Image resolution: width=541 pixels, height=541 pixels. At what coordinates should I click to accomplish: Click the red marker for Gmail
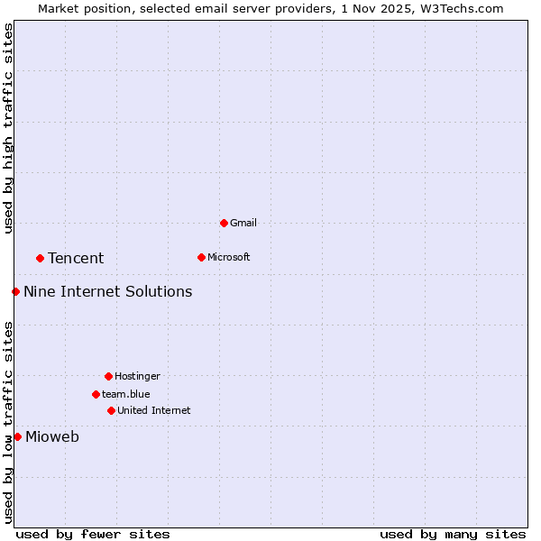click(224, 223)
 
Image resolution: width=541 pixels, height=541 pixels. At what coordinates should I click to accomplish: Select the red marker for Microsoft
click(201, 257)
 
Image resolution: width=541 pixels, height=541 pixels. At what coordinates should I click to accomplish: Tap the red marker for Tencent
click(40, 258)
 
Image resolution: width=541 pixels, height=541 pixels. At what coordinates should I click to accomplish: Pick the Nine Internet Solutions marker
click(15, 291)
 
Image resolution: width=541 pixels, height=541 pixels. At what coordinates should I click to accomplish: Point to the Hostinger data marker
click(108, 376)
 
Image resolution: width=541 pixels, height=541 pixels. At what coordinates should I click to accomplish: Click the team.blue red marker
click(96, 394)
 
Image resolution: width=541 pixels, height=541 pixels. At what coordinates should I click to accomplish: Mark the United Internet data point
click(111, 410)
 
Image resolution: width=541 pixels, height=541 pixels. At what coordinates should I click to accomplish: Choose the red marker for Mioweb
click(17, 436)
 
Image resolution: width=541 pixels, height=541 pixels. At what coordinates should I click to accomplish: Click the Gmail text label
click(243, 223)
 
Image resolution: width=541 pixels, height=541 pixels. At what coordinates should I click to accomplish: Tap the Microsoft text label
click(229, 257)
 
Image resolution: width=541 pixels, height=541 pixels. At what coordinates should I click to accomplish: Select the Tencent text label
click(76, 258)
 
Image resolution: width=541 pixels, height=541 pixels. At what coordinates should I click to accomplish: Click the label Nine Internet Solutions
click(107, 291)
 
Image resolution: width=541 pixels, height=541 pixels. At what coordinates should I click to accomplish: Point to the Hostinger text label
click(137, 376)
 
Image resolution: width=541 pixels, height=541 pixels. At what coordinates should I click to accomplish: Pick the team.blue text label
click(126, 394)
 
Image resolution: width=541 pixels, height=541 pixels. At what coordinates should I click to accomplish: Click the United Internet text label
click(154, 410)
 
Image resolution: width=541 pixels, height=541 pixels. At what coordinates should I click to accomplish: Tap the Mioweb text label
click(52, 437)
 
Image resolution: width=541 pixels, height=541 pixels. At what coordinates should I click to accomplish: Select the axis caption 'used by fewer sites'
click(93, 534)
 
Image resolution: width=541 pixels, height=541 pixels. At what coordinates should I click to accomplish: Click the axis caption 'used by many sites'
click(453, 534)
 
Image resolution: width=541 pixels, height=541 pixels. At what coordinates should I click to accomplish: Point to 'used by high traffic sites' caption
click(8, 128)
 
